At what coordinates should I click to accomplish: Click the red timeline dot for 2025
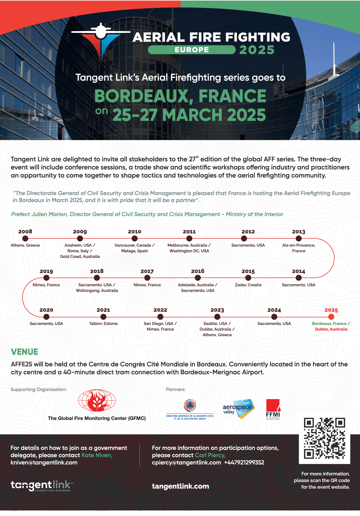coord(331,317)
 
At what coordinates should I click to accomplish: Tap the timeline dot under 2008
coord(25,238)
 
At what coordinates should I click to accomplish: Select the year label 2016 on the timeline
coord(198,271)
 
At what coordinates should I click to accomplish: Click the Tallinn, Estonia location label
coord(103,324)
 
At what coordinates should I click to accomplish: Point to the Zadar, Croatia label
coord(248,285)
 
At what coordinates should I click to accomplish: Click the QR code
coord(325,438)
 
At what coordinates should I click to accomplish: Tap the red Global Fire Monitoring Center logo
coord(97,401)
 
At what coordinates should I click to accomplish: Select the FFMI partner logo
coord(273,409)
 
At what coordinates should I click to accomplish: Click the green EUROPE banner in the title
coord(192,50)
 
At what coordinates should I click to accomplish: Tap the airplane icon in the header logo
coord(101,32)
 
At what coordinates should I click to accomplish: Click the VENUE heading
coord(24,352)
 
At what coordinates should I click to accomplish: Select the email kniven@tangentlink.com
coord(44,463)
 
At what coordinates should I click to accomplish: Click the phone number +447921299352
coord(244,463)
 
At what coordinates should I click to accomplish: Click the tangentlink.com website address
coord(180,486)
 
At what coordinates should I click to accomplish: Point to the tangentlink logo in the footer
coord(42,485)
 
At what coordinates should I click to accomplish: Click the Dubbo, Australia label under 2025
coord(331,329)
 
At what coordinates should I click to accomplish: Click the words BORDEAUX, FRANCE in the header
coord(180,96)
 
